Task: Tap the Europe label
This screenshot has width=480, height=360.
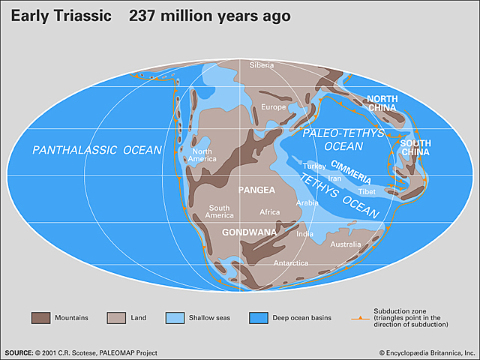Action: [x=274, y=107]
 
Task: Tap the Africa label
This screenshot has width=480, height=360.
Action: [x=269, y=212]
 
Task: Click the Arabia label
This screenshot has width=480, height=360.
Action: [x=307, y=202]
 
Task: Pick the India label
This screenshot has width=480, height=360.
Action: [x=304, y=233]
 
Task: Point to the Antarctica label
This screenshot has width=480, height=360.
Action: [x=289, y=263]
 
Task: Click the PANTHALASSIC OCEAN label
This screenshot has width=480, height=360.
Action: [x=97, y=150]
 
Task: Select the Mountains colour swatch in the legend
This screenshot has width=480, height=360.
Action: [x=41, y=317]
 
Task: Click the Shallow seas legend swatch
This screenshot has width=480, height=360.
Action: [x=196, y=317]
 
